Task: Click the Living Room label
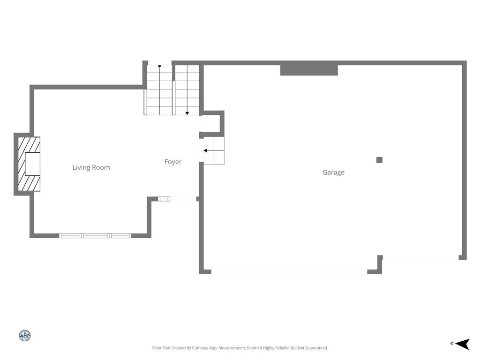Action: (91, 167)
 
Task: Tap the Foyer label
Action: (173, 162)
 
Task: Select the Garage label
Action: (333, 172)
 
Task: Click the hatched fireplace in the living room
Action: (29, 164)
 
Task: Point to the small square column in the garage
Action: (379, 160)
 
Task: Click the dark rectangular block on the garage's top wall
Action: (309, 70)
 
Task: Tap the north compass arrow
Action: (463, 344)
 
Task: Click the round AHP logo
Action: (25, 336)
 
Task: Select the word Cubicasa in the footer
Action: (201, 348)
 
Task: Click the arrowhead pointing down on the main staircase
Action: (187, 113)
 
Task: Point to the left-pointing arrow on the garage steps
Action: (210, 150)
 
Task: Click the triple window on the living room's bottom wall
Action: (95, 236)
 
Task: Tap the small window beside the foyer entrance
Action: (164, 199)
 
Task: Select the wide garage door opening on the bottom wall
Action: (289, 272)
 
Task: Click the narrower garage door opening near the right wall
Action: (420, 260)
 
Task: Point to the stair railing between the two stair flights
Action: (173, 98)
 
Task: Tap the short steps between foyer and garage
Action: (214, 150)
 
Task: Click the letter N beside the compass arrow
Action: (452, 343)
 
